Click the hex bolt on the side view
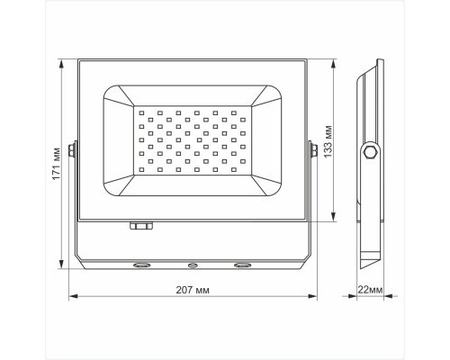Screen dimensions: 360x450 368,154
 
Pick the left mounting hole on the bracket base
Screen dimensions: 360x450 142,266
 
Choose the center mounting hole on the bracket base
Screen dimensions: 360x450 192,266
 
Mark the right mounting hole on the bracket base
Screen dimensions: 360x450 241,266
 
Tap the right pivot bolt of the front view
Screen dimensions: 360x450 312,149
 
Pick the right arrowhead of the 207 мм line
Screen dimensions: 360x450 314,296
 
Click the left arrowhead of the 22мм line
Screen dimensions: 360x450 351,296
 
